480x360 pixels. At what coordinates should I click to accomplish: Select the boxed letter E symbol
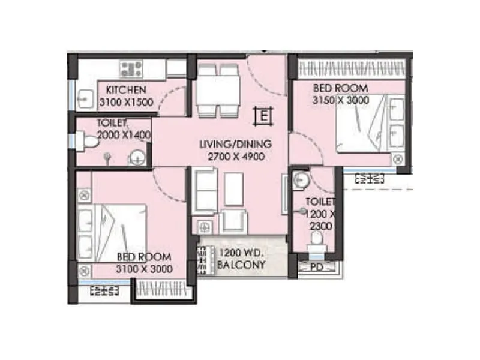tap(263, 115)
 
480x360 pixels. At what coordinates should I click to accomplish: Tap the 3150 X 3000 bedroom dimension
tap(341, 100)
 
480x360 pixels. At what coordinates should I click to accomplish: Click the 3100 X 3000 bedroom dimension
tap(145, 269)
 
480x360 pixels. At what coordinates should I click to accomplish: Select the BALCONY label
tap(241, 264)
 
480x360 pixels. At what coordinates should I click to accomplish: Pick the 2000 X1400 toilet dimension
tap(122, 135)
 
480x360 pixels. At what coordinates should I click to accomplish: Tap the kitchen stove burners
tap(131, 68)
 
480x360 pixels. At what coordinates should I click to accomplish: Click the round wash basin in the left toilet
tap(138, 159)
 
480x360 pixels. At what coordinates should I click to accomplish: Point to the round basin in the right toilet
tap(301, 180)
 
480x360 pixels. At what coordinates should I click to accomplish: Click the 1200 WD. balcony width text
tap(242, 253)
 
